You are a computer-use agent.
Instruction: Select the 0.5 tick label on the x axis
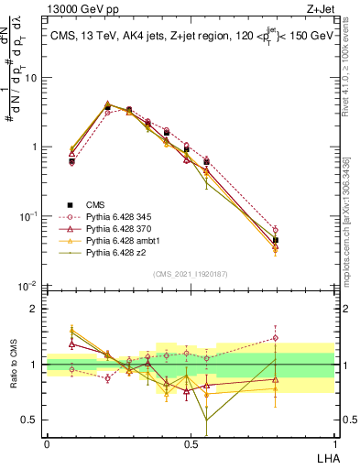pyautogui.click(x=190, y=442)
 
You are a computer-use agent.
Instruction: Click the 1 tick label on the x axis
pyautogui.click(x=334, y=442)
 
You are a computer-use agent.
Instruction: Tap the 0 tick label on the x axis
pyautogui.click(x=47, y=442)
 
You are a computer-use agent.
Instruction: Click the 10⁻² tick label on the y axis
pyautogui.click(x=29, y=286)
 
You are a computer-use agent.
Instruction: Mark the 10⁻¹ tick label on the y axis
pyautogui.click(x=29, y=216)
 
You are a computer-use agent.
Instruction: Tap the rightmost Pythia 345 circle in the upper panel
pyautogui.click(x=276, y=230)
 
